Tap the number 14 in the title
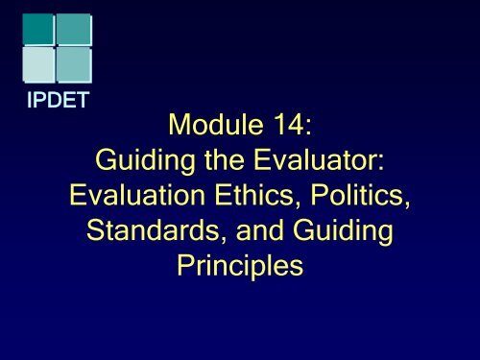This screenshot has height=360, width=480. (285, 123)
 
